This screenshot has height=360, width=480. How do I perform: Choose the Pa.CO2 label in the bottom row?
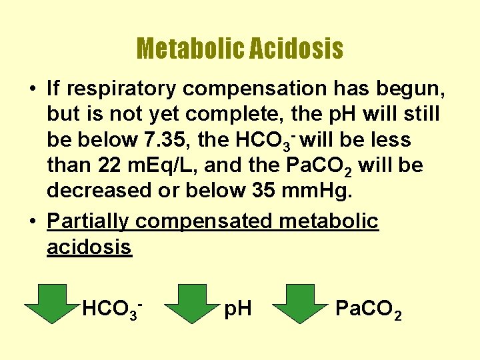coord(368,309)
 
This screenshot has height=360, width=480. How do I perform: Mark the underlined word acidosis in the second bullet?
coord(89,247)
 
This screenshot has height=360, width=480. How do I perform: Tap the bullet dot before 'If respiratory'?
coord(32,87)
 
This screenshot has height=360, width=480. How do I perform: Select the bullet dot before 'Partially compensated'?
coord(32,221)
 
